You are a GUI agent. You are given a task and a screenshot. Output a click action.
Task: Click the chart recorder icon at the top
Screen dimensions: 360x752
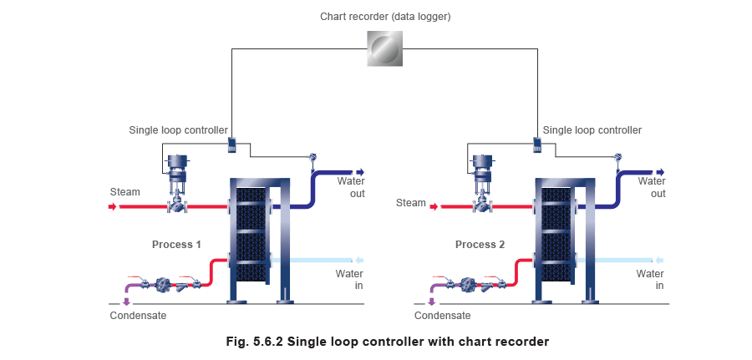384,49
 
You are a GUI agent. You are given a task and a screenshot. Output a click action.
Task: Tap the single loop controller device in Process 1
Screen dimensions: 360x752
232,145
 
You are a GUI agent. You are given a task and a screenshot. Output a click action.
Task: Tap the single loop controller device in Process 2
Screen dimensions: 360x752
537,145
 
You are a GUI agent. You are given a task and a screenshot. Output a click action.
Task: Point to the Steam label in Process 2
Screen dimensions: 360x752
410,202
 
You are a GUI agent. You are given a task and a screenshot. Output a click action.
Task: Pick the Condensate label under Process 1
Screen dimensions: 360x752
139,316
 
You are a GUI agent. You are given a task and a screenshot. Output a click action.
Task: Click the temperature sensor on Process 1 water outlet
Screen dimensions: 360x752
312,158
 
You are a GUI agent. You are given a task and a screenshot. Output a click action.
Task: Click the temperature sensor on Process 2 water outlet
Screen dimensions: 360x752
617,158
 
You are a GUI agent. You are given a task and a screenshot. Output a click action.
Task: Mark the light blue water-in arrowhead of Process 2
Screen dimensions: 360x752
658,259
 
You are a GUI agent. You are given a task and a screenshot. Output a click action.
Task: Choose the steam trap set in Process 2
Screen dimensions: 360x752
467,284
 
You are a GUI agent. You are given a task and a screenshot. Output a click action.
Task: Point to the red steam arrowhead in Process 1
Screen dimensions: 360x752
114,206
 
